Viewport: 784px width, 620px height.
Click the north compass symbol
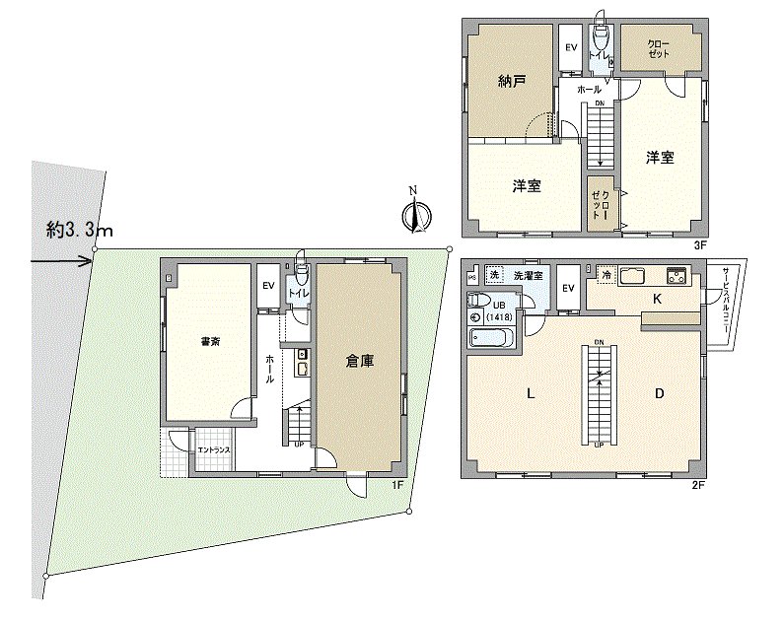point(415,213)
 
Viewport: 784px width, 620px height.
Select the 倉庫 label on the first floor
point(361,362)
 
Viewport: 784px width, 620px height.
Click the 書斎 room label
point(210,342)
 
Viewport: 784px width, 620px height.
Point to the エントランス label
point(214,450)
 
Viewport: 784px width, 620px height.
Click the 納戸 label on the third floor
point(512,83)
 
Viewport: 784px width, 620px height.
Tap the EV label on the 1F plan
point(267,286)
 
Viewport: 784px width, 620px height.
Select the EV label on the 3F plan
point(571,47)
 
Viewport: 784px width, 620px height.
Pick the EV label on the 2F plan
point(567,287)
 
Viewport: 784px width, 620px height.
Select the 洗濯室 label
point(529,275)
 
